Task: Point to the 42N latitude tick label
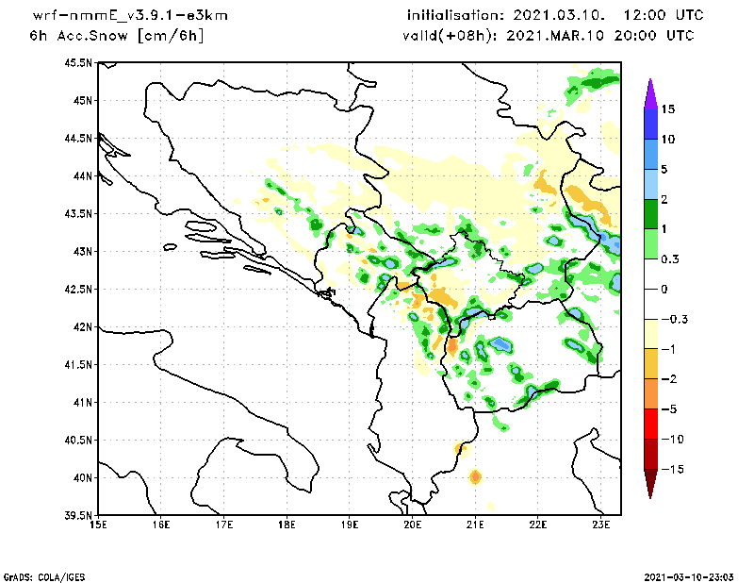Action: pyautogui.click(x=81, y=327)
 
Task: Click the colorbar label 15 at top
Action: pyautogui.click(x=667, y=109)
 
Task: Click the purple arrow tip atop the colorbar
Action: pyautogui.click(x=650, y=87)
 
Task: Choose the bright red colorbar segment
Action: pyautogui.click(x=650, y=424)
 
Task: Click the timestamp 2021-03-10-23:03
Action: pyautogui.click(x=695, y=575)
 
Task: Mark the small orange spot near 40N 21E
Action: pyautogui.click(x=475, y=477)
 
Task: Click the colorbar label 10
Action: pyautogui.click(x=667, y=140)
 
